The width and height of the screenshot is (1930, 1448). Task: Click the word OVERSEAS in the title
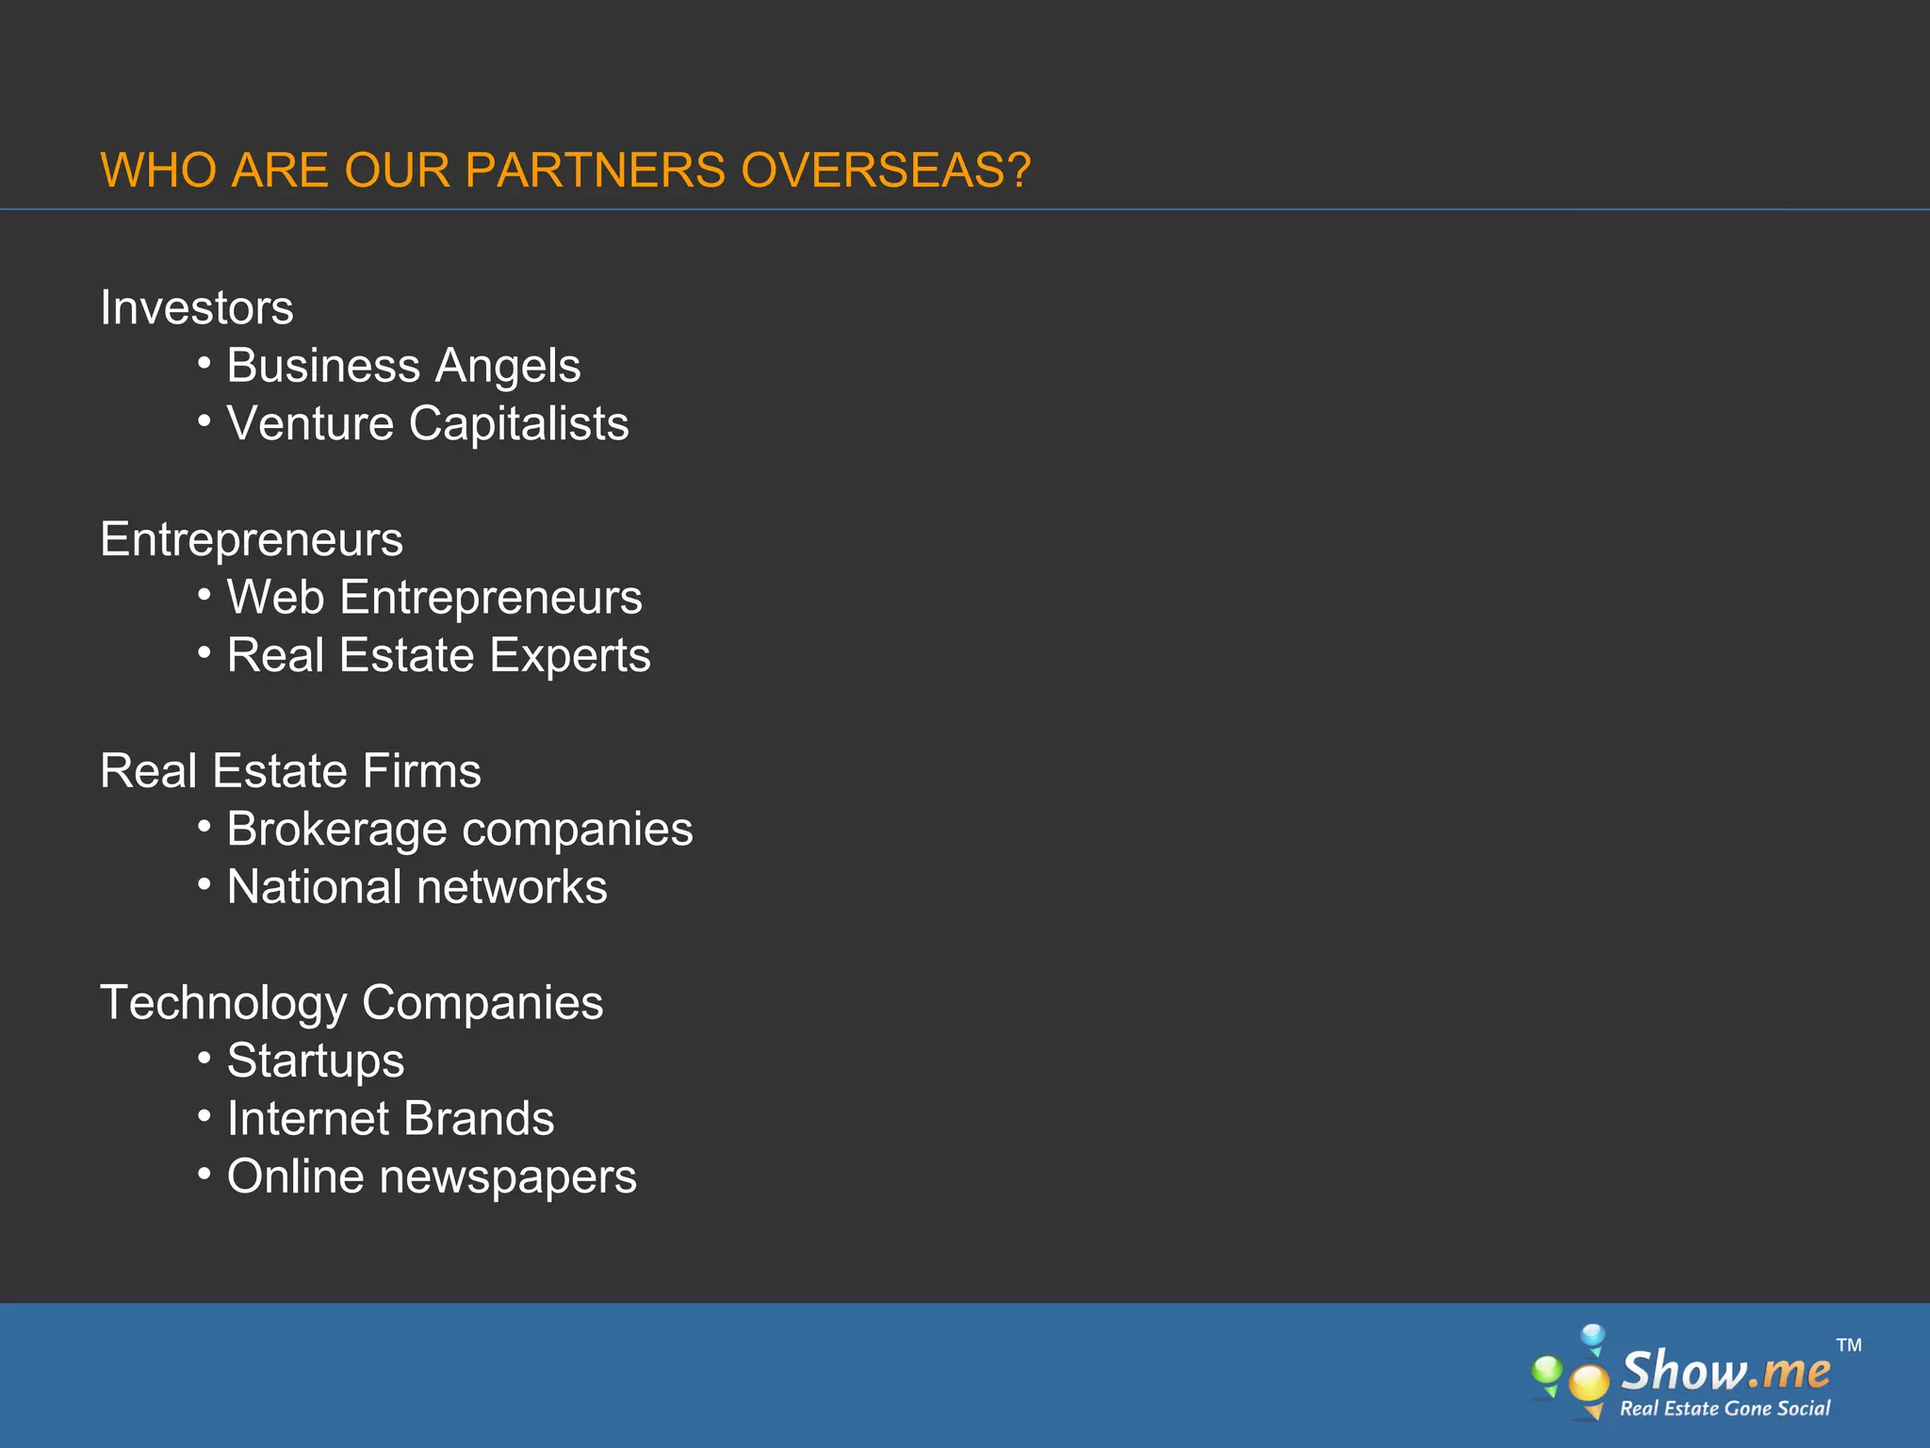[x=886, y=171]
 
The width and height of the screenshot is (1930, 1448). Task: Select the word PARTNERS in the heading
[x=595, y=171]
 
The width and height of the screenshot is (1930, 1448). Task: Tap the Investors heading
[x=197, y=307]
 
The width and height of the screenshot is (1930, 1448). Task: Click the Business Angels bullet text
[x=403, y=366]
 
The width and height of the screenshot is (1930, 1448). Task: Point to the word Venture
[x=310, y=423]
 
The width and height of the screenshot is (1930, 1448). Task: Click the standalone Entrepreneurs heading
[x=252, y=539]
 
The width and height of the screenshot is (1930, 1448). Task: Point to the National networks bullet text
[x=417, y=887]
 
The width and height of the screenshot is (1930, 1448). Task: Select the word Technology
[x=223, y=1003]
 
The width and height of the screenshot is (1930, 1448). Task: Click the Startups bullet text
[x=316, y=1061]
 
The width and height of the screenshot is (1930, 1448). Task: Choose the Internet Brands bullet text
[x=390, y=1119]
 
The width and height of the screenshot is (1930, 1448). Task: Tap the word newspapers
[x=508, y=1177]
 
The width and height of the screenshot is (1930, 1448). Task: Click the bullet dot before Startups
[x=204, y=1058]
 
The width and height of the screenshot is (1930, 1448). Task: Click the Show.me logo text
[x=1726, y=1371]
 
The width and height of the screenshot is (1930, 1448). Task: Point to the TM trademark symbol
[x=1849, y=1345]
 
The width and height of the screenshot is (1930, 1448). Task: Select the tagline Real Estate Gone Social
[x=1725, y=1408]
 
